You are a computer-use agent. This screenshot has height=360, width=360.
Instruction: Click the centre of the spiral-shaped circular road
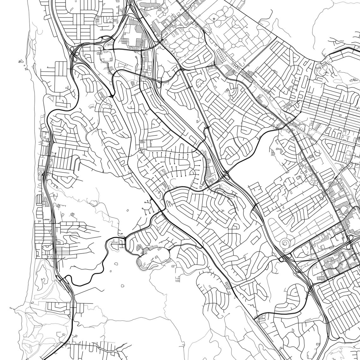[x=285, y=243]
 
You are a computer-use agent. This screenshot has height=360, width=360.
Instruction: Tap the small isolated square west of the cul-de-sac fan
[x=128, y=210]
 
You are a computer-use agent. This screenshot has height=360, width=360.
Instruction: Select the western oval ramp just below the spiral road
[x=281, y=259]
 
